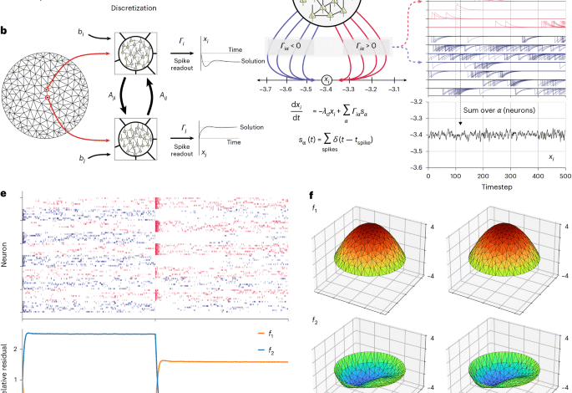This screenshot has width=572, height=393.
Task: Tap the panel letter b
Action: (6, 31)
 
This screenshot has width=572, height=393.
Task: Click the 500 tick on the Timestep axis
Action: (565, 176)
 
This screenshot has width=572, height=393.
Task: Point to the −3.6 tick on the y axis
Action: (414, 166)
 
